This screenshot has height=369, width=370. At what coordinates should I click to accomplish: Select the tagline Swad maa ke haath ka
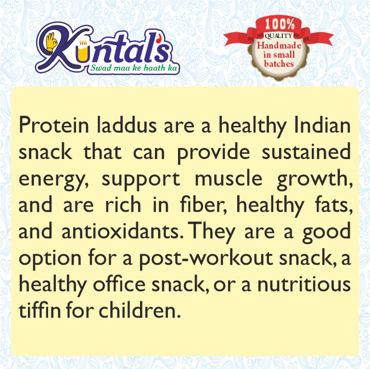133,69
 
